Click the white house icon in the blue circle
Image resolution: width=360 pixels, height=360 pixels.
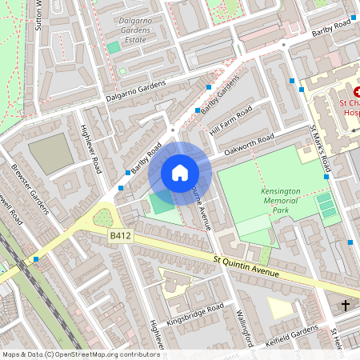(x=180, y=172)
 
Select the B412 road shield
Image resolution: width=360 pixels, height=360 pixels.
(x=120, y=235)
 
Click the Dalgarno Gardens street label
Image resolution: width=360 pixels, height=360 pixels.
(x=135, y=90)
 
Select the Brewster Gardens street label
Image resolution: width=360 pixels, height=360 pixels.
(x=30, y=189)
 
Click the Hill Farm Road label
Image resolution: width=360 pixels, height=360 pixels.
(x=230, y=120)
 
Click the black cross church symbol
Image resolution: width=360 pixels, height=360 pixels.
(x=346, y=305)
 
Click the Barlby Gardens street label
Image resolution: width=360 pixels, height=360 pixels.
(x=221, y=95)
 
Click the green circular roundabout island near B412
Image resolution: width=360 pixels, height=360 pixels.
(x=102, y=217)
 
